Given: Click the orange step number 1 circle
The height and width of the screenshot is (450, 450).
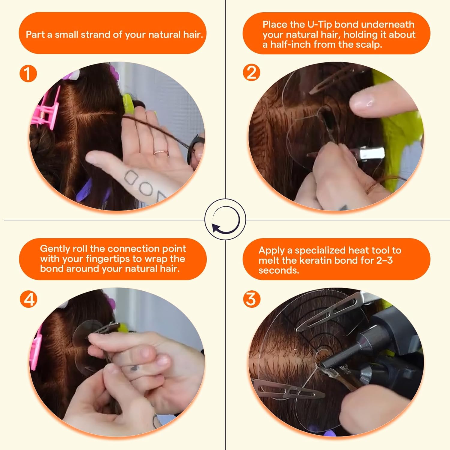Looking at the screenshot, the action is pos(28,74).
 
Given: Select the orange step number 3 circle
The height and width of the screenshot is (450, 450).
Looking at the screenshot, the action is pos(251,299).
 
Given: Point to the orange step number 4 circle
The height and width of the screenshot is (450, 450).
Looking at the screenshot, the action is pos(29,299).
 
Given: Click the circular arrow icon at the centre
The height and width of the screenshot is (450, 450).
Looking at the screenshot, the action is pos(225,220).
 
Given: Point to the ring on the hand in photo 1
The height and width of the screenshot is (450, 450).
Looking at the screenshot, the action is pos(161,152).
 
